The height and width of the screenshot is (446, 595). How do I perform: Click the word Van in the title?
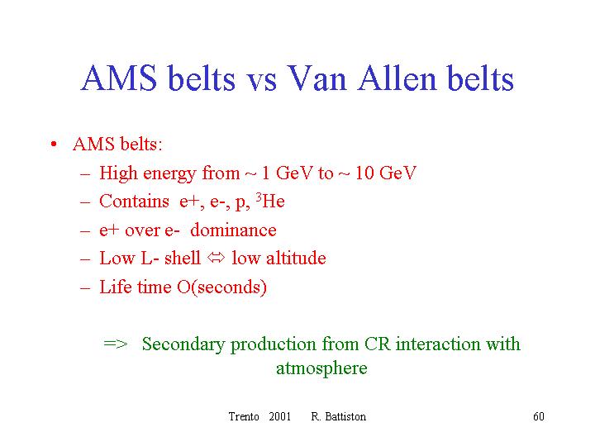click(316, 78)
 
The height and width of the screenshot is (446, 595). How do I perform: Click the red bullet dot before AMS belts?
click(54, 144)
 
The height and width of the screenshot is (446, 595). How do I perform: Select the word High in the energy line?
click(118, 173)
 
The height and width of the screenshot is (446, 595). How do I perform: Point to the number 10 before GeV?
click(364, 173)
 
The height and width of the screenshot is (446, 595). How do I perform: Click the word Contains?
click(134, 201)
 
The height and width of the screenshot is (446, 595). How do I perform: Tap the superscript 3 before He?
click(259, 197)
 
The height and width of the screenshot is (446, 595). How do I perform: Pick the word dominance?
click(233, 230)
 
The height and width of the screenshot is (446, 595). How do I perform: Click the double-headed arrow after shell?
click(217, 258)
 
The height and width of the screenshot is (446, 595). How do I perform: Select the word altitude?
click(296, 258)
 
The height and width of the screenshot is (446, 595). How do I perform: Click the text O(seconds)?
click(221, 287)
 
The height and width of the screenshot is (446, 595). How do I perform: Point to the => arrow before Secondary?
click(116, 344)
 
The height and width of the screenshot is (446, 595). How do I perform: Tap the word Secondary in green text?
click(183, 344)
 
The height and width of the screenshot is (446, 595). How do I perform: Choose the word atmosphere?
click(321, 368)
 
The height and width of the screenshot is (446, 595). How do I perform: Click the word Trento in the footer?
click(244, 416)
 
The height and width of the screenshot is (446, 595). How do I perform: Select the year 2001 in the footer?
click(279, 416)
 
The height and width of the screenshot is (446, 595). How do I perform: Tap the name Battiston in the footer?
click(345, 416)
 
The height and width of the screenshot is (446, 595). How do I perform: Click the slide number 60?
click(539, 416)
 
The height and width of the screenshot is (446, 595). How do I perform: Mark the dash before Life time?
click(85, 288)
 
